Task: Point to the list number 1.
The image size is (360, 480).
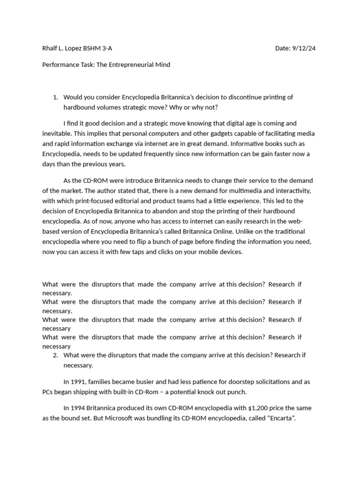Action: (55, 97)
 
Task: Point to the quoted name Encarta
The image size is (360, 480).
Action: (279, 419)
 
